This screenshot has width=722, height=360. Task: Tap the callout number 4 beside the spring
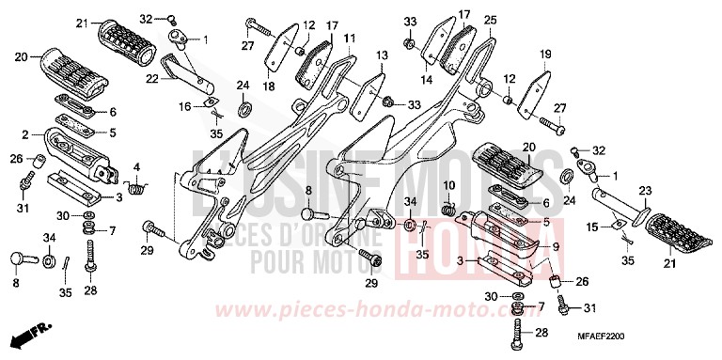136,169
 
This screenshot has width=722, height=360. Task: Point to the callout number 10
448,184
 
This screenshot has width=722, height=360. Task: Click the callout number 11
349,39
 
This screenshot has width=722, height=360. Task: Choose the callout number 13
382,56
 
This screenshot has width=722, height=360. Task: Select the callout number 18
268,86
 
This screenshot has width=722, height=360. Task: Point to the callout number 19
545,56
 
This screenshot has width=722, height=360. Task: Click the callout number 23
644,190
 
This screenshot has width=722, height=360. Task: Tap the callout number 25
490,19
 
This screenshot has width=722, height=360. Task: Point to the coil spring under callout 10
449,204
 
